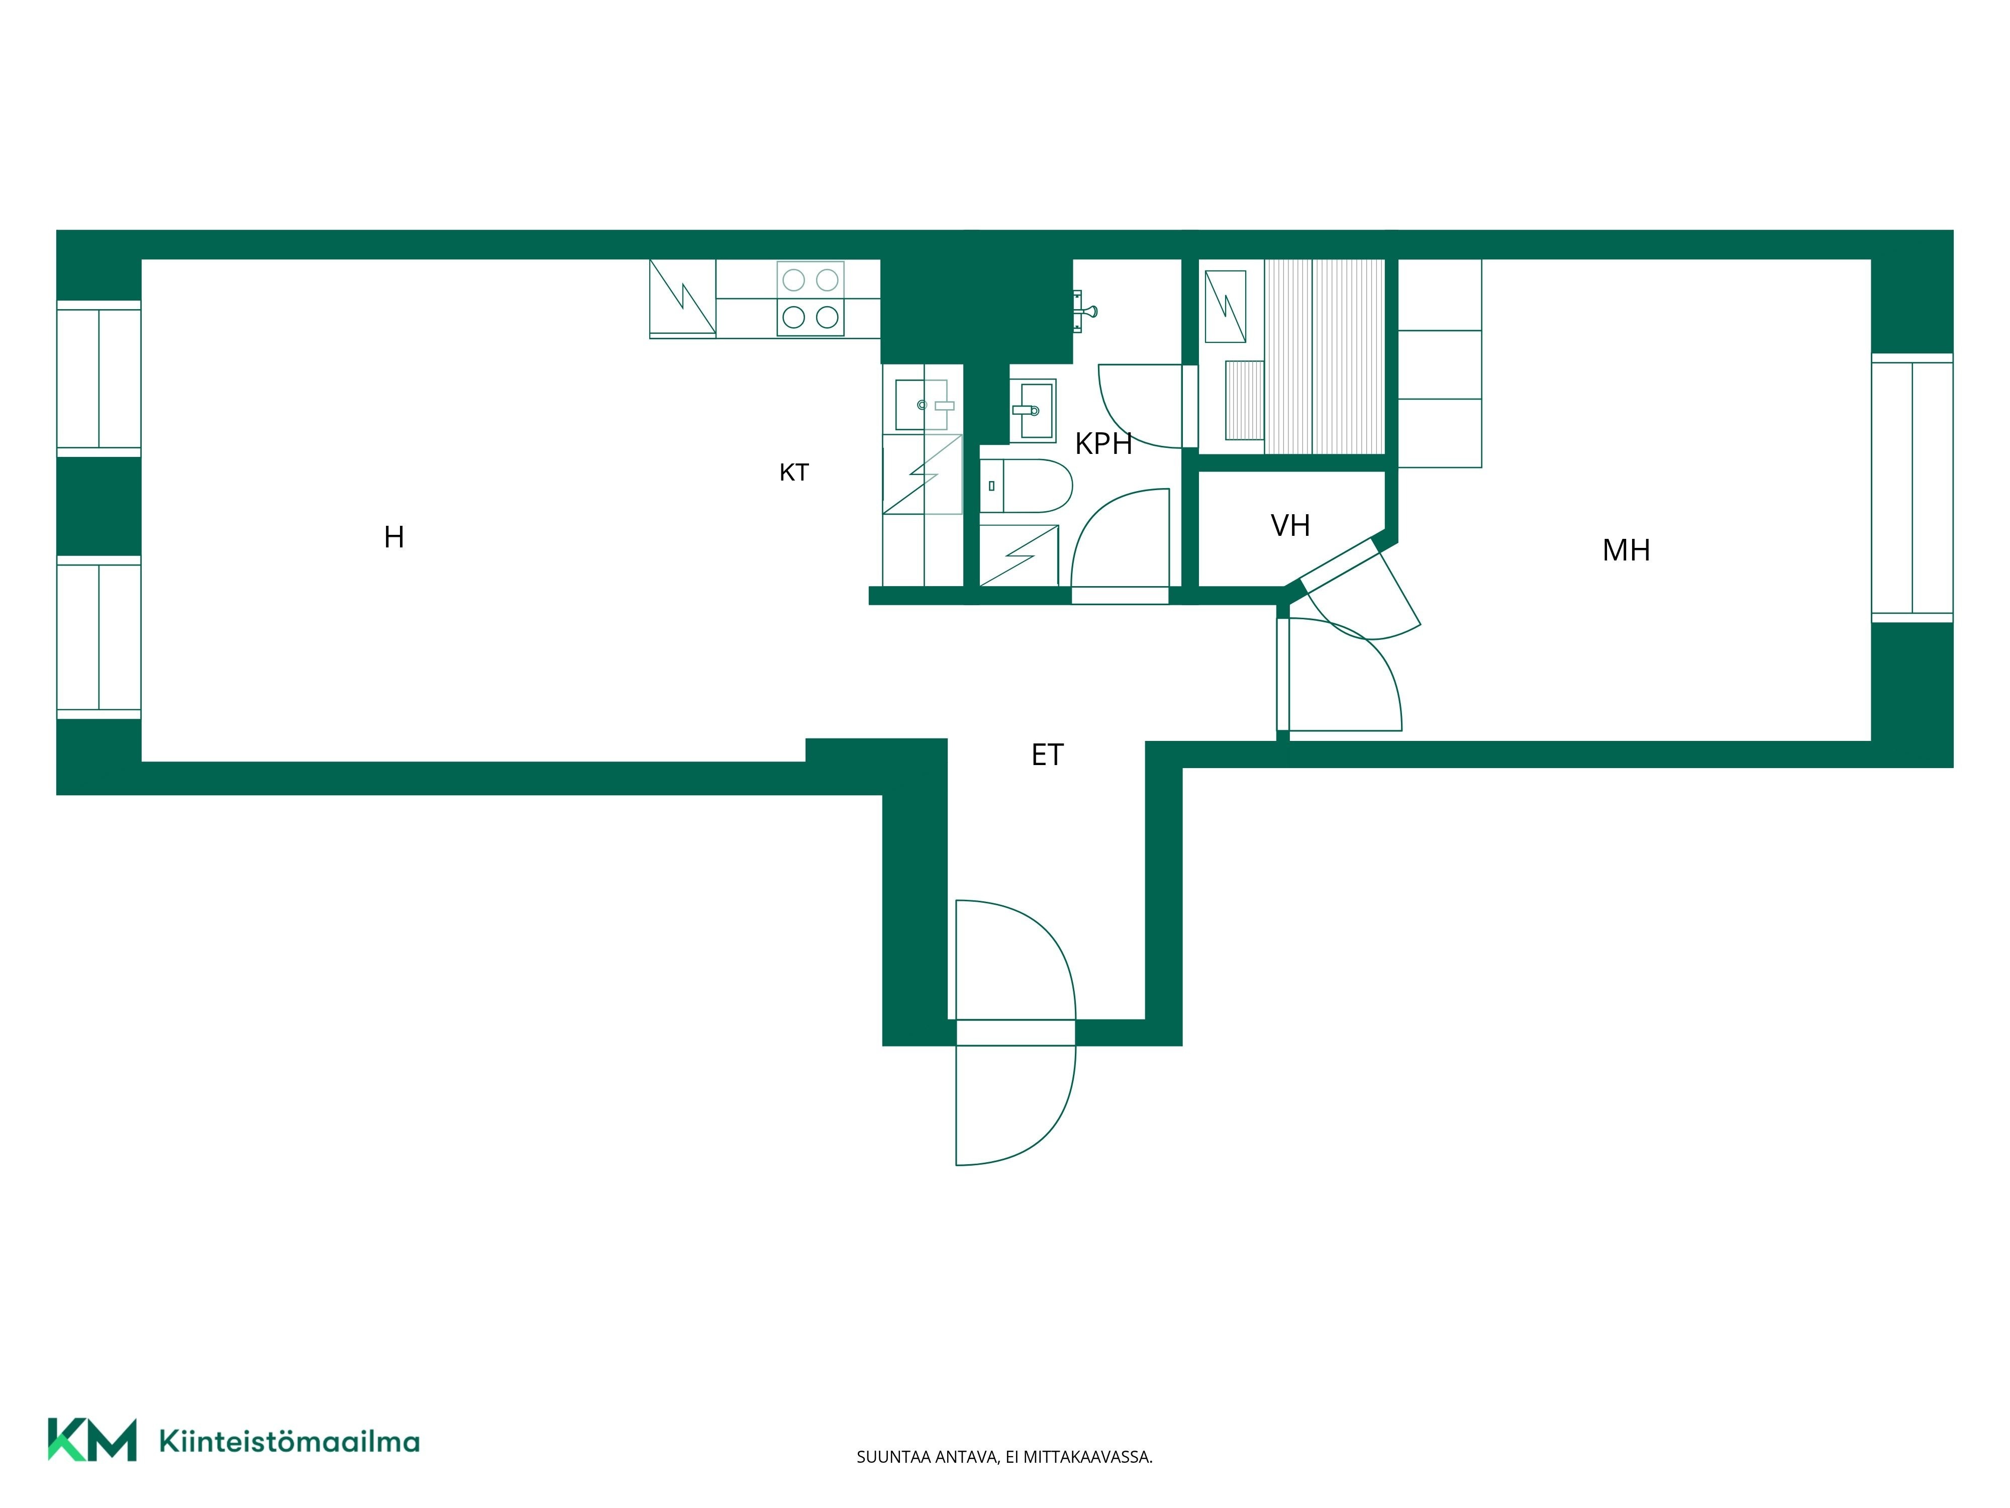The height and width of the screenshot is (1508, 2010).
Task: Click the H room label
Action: pos(393,537)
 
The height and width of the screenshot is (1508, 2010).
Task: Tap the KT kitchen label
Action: pos(794,473)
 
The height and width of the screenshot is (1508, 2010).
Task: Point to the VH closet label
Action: pos(1290,525)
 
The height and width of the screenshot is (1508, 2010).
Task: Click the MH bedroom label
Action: pos(1627,550)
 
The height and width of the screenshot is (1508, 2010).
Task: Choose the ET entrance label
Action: pos(1047,755)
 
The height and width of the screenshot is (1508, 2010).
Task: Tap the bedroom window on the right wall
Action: pos(1912,488)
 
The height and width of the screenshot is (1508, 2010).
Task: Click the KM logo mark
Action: pos(92,1439)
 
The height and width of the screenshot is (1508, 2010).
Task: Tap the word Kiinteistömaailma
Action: pos(289,1441)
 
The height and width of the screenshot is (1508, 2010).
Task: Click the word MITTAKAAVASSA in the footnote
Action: pos(1088,1457)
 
